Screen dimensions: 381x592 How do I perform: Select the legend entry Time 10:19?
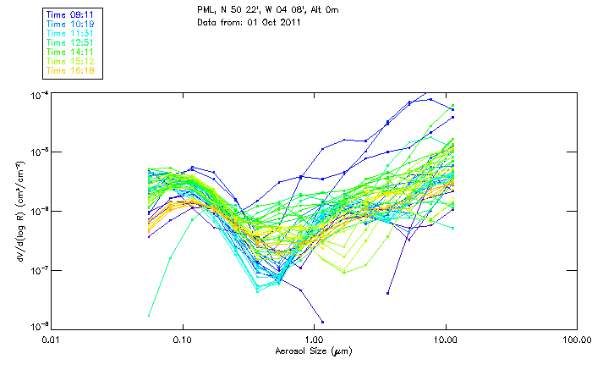coord(71,24)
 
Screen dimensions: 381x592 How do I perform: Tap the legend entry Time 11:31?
coord(71,33)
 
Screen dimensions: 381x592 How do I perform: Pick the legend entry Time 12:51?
coord(71,42)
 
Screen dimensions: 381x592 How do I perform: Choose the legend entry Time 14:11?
coord(71,52)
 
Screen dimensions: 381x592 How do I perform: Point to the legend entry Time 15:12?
coord(71,61)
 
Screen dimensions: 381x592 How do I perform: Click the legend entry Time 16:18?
coord(71,70)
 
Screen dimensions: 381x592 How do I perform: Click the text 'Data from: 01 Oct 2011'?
coord(249,21)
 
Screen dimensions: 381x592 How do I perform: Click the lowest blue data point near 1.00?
coord(322,322)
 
